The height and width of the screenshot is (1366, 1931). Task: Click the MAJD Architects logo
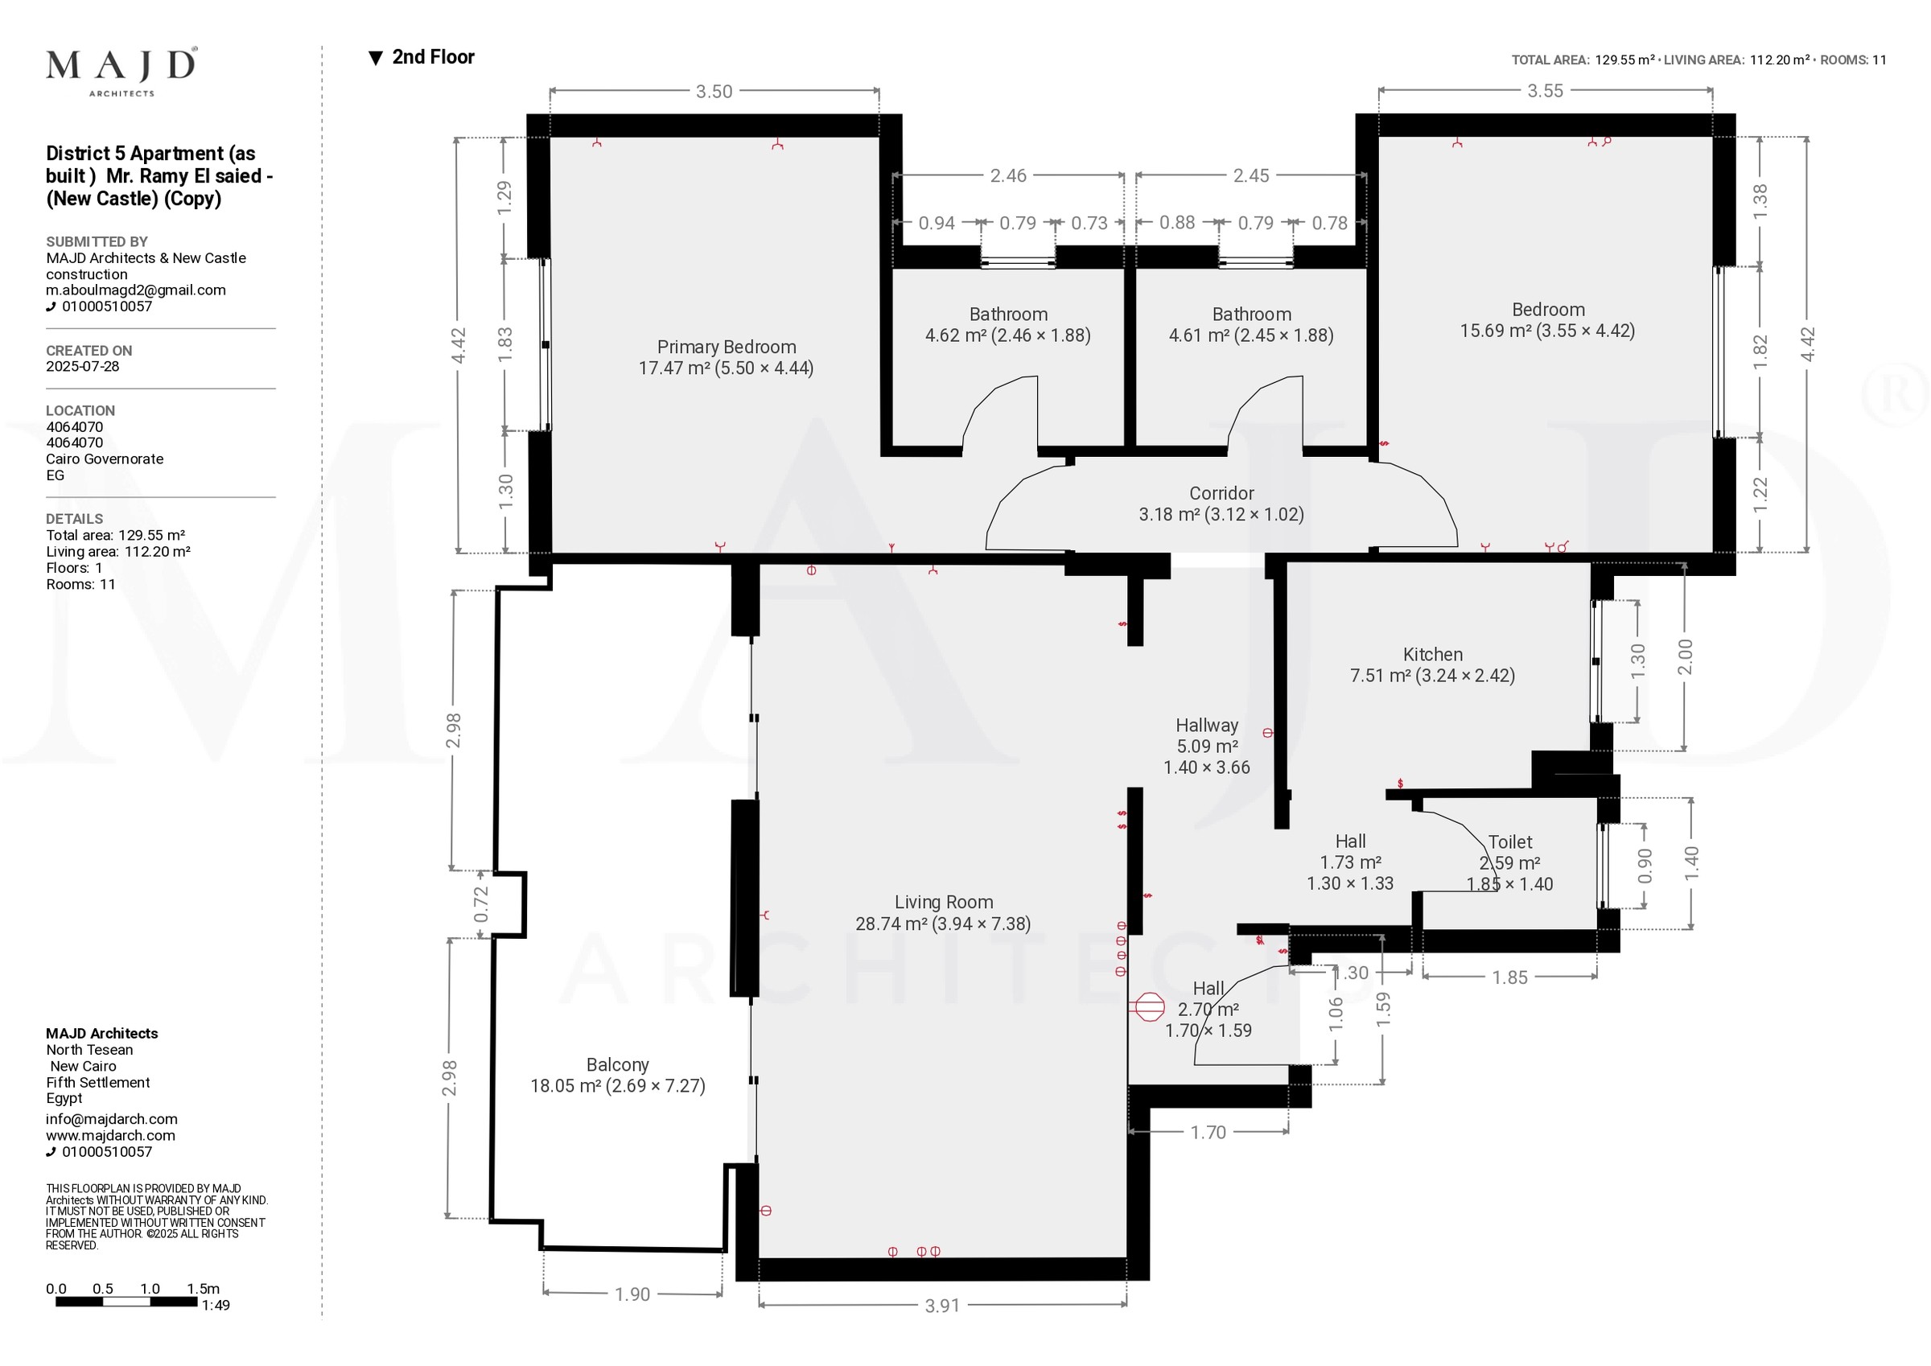tap(122, 72)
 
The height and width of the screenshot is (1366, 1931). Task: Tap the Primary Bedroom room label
tap(726, 347)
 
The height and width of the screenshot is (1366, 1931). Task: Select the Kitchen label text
tap(1432, 654)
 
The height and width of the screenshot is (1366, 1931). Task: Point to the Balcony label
tap(617, 1065)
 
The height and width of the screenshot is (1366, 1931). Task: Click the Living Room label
tap(944, 903)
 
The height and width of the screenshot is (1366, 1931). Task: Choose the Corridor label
tap(1221, 494)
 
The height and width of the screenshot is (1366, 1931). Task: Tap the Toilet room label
tap(1510, 842)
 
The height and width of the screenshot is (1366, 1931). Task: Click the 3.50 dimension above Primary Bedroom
tap(714, 92)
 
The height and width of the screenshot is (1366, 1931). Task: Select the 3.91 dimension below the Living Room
tap(942, 1306)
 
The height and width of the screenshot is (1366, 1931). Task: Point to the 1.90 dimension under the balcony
tap(632, 1294)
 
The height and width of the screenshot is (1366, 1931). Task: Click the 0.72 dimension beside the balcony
tap(481, 904)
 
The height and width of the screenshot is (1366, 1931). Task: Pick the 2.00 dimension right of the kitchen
tap(1685, 657)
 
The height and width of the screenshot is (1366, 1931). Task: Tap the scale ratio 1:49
tap(216, 1306)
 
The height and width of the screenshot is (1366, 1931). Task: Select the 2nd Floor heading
tap(422, 57)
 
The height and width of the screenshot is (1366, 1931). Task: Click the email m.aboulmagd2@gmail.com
tap(135, 290)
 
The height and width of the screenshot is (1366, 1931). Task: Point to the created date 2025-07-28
tap(82, 367)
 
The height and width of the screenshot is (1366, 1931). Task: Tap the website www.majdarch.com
tap(110, 1136)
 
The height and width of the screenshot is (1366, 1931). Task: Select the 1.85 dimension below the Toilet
tap(1509, 977)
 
